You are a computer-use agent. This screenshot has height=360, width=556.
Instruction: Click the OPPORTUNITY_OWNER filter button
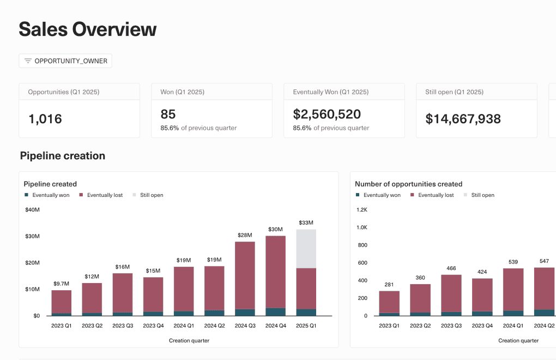[65, 61]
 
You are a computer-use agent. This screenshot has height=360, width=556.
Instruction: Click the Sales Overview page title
[87, 29]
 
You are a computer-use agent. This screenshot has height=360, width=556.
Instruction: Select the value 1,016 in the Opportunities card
[45, 118]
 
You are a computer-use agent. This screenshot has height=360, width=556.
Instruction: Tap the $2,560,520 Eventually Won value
[327, 114]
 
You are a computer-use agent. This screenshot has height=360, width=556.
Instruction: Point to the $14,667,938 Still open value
[463, 118]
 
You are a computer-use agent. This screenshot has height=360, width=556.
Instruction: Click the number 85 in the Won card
[168, 114]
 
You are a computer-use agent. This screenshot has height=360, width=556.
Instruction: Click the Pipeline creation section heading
[62, 156]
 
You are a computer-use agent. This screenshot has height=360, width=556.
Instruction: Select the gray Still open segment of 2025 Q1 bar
[306, 249]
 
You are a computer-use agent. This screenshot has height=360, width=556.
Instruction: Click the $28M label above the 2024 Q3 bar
[245, 235]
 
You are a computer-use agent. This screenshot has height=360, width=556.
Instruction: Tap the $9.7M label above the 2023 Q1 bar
[61, 284]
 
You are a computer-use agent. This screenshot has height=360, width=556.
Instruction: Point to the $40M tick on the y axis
[32, 210]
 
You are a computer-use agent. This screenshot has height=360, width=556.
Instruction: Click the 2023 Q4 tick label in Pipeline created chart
[153, 326]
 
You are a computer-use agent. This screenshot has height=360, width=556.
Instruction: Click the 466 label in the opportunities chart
[451, 268]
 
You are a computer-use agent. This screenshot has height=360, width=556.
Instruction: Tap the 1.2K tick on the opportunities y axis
[361, 210]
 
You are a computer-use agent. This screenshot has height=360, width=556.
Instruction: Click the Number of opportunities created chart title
[408, 184]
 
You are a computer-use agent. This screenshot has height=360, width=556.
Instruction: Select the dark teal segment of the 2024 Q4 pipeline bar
[275, 312]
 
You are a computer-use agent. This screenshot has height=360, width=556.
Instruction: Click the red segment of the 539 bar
[512, 289]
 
